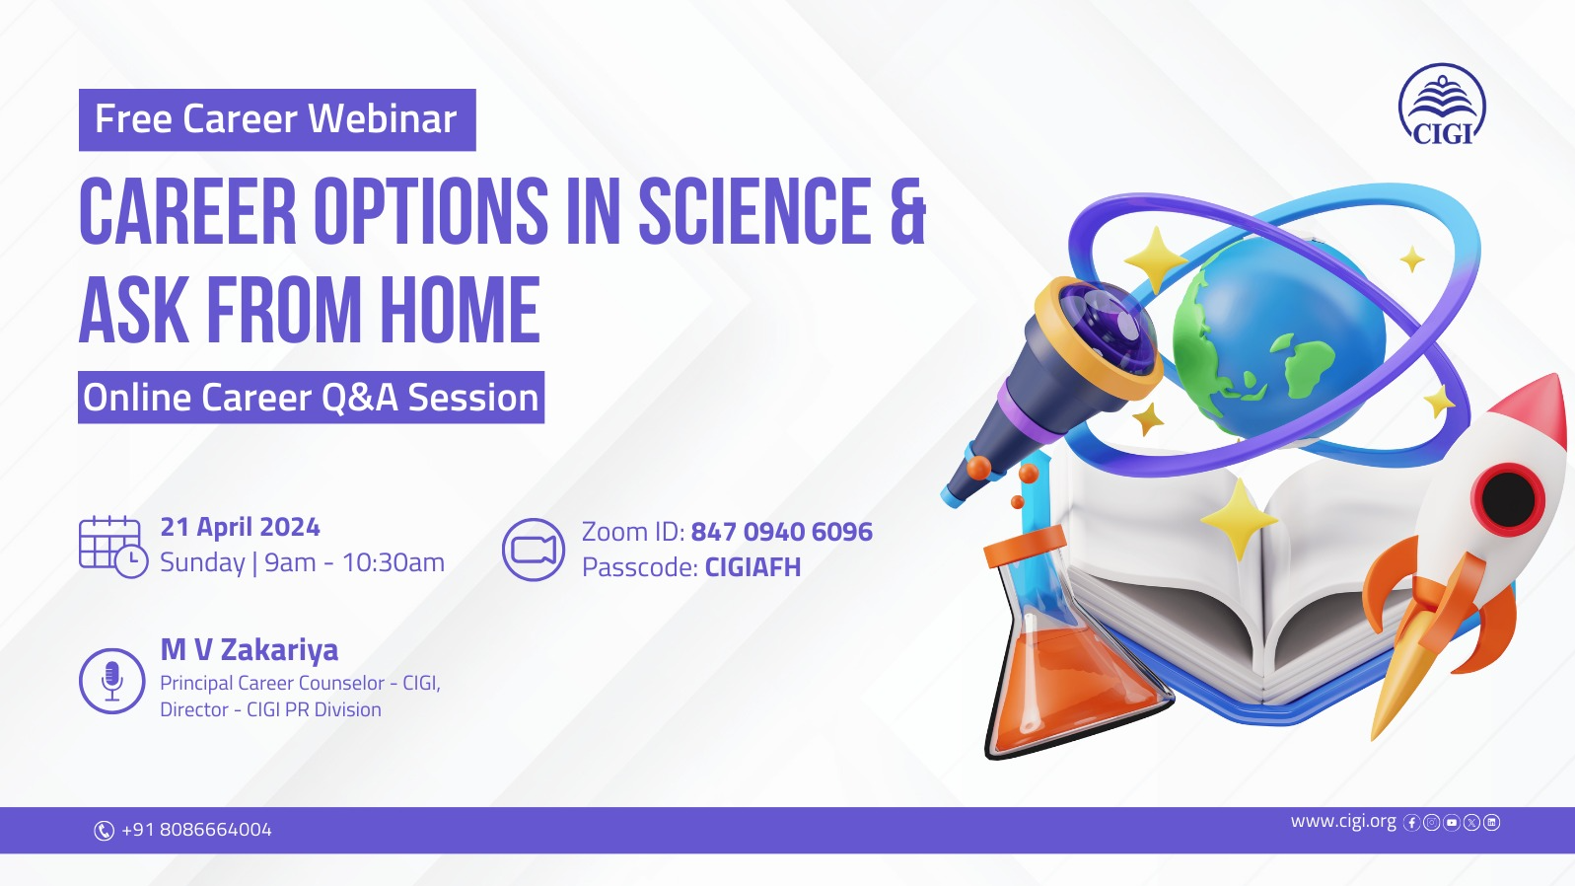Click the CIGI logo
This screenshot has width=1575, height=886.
pos(1442,105)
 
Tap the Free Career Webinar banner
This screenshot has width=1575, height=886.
pos(277,119)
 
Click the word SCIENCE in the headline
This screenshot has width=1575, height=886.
pos(755,211)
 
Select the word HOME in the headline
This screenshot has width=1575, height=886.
pos(461,310)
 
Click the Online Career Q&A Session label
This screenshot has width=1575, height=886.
pos(311,398)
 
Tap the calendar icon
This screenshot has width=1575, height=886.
pos(113,547)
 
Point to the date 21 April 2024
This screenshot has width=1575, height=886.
pos(241,527)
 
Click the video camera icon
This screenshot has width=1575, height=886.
pos(534,550)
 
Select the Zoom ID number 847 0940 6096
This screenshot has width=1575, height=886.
pos(782,532)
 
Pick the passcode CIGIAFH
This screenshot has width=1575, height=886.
pos(752,566)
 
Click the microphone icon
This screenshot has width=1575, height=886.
pos(111,681)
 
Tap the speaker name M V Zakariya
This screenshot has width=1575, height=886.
pos(249,650)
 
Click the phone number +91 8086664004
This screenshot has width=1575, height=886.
pos(196,830)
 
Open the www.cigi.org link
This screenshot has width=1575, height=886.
pos(1343,821)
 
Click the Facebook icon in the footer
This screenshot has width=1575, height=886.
pos(1411,823)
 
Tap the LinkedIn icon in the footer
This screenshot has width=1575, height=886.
pos(1491,822)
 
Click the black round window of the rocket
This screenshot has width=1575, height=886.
pos(1508,498)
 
